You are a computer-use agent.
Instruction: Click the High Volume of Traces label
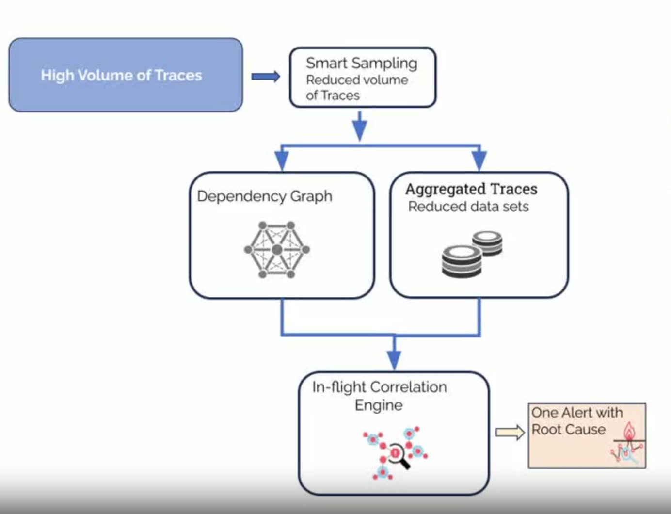click(121, 75)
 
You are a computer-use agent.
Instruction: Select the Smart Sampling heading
click(361, 63)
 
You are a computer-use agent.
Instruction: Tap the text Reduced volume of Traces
click(356, 87)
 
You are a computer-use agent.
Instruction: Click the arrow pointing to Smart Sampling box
click(266, 76)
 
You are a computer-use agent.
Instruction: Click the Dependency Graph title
click(265, 196)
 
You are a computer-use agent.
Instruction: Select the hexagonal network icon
click(277, 250)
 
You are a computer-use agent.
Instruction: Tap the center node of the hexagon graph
click(277, 250)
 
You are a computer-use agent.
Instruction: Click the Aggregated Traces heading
click(471, 189)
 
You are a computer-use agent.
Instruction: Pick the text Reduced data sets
click(468, 207)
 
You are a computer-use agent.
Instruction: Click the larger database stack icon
click(462, 261)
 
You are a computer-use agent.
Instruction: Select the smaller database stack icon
click(487, 243)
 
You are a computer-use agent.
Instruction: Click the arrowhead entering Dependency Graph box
click(282, 161)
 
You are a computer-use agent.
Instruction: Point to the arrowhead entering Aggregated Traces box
click(479, 161)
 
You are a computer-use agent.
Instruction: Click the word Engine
click(379, 405)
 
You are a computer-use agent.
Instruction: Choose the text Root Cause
click(568, 429)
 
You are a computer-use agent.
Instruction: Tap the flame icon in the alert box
click(629, 431)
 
